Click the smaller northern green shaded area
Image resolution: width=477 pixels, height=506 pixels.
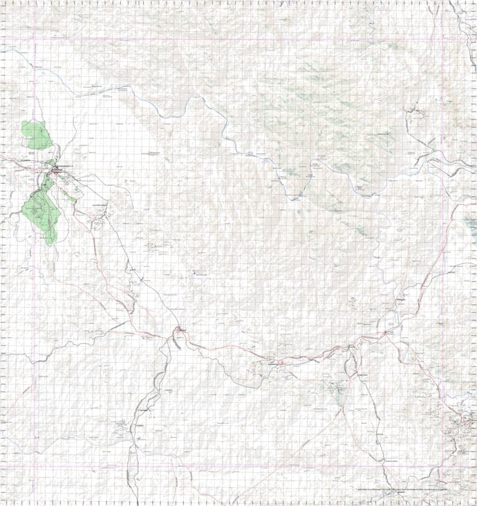(37, 135)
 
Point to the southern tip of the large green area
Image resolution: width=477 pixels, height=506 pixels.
(50, 242)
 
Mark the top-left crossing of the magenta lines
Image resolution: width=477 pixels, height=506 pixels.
(33, 38)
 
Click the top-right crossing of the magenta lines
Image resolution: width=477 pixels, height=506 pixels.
(444, 38)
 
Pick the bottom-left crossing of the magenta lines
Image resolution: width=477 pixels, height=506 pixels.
(33, 465)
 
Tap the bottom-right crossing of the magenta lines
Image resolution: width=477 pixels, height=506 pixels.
(444, 465)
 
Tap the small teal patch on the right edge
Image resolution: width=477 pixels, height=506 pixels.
(471, 223)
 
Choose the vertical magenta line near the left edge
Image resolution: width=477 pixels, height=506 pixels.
(33, 277)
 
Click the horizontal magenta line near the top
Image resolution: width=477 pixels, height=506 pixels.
(242, 38)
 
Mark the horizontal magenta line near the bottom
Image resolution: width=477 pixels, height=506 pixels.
(242, 465)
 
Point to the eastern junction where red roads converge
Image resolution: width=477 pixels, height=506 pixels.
(385, 332)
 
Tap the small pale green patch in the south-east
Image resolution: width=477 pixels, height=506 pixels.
(338, 397)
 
